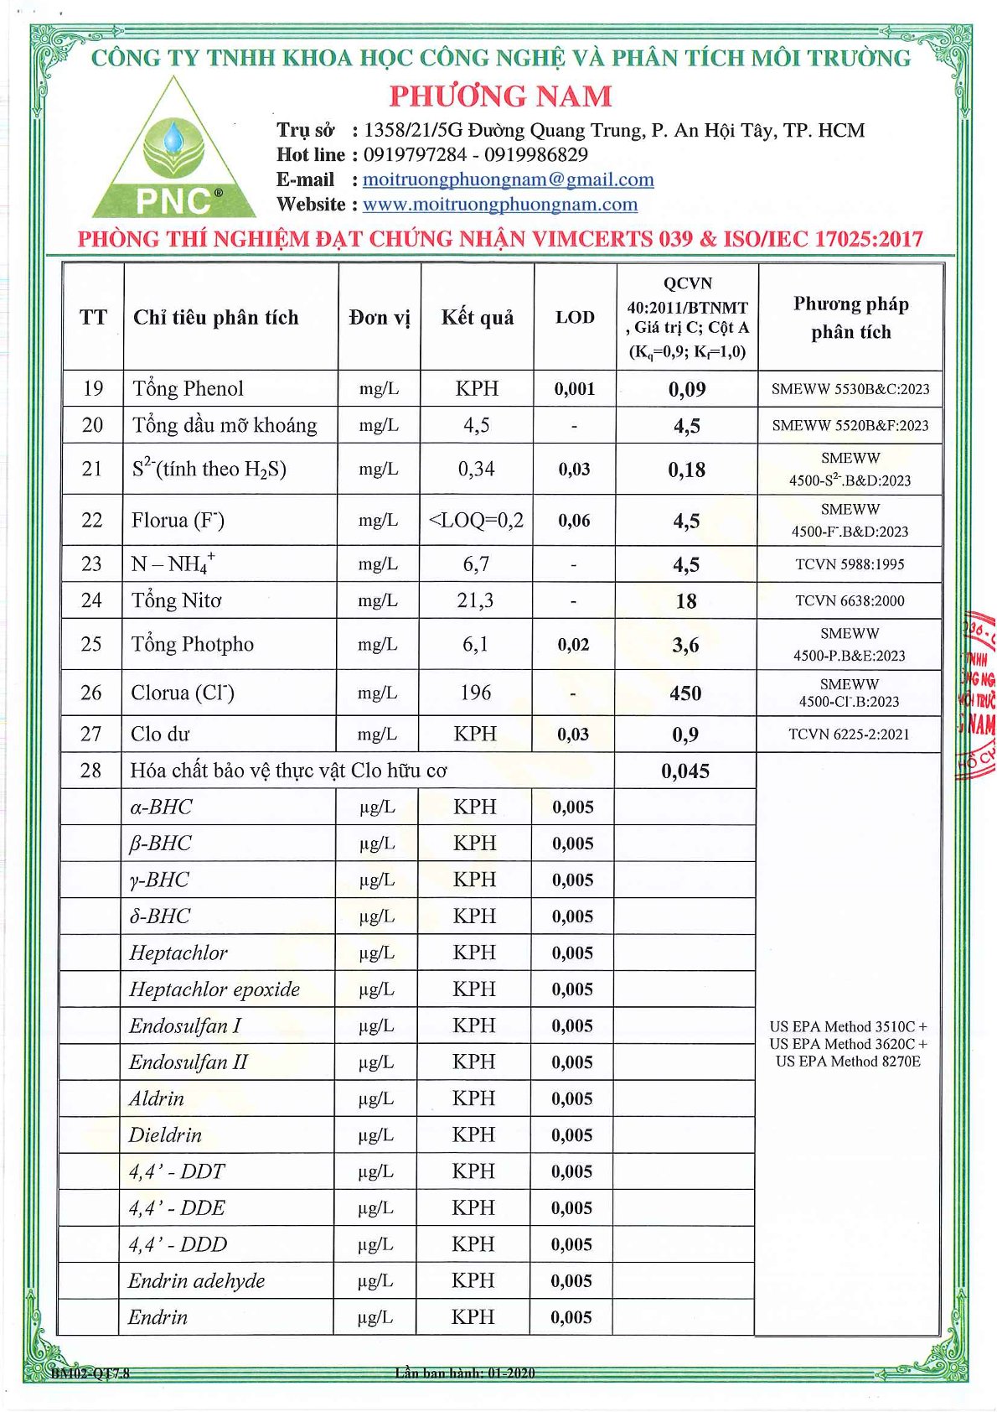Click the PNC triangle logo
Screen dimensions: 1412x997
click(173, 156)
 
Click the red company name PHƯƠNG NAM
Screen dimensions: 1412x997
click(500, 96)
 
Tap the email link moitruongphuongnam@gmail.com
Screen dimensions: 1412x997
click(508, 179)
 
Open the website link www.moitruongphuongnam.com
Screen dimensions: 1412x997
click(499, 204)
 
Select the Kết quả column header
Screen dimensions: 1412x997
click(478, 317)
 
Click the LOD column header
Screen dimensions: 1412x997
click(575, 317)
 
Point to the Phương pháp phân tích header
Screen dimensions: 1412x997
click(850, 317)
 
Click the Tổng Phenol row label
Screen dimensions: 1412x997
click(188, 388)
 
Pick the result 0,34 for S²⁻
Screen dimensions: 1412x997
click(476, 469)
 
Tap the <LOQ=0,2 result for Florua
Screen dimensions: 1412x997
click(476, 520)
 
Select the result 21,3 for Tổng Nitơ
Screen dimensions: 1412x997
click(475, 600)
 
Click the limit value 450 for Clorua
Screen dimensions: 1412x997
click(685, 693)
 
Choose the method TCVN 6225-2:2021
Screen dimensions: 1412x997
click(849, 734)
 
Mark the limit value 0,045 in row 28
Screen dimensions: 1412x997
click(685, 771)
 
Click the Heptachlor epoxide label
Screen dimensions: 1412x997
click(214, 989)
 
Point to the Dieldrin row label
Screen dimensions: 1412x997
click(165, 1135)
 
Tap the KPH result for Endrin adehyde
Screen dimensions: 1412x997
click(473, 1280)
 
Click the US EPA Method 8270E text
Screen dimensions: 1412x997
click(848, 1062)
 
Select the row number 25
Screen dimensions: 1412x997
click(90, 644)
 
